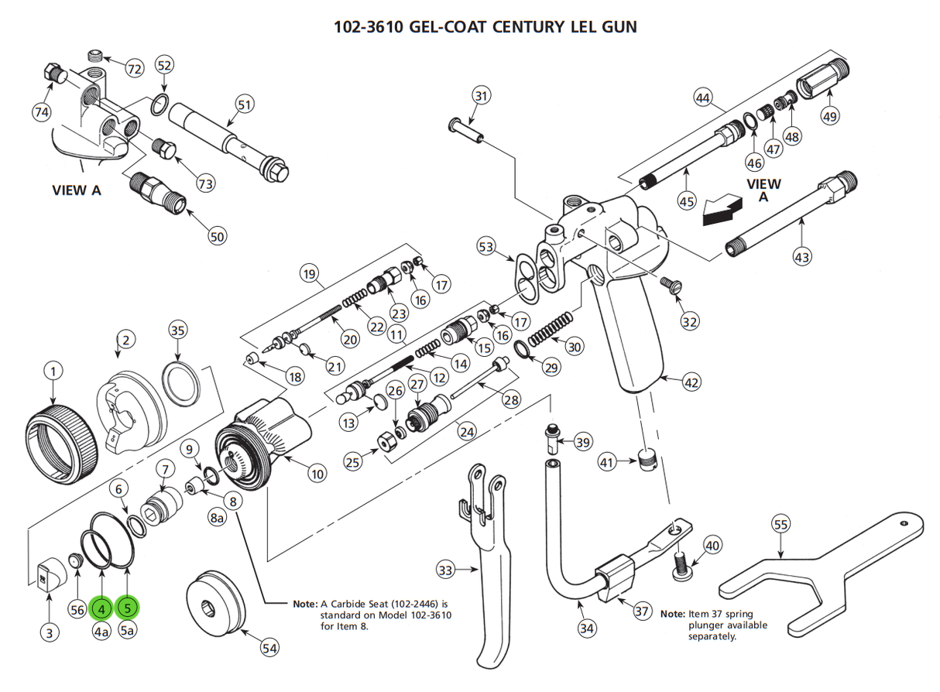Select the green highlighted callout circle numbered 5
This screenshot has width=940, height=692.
click(x=129, y=608)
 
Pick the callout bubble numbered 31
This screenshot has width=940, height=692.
click(x=482, y=97)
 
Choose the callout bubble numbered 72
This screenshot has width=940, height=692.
click(x=134, y=69)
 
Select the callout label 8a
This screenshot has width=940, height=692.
click(x=217, y=519)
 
